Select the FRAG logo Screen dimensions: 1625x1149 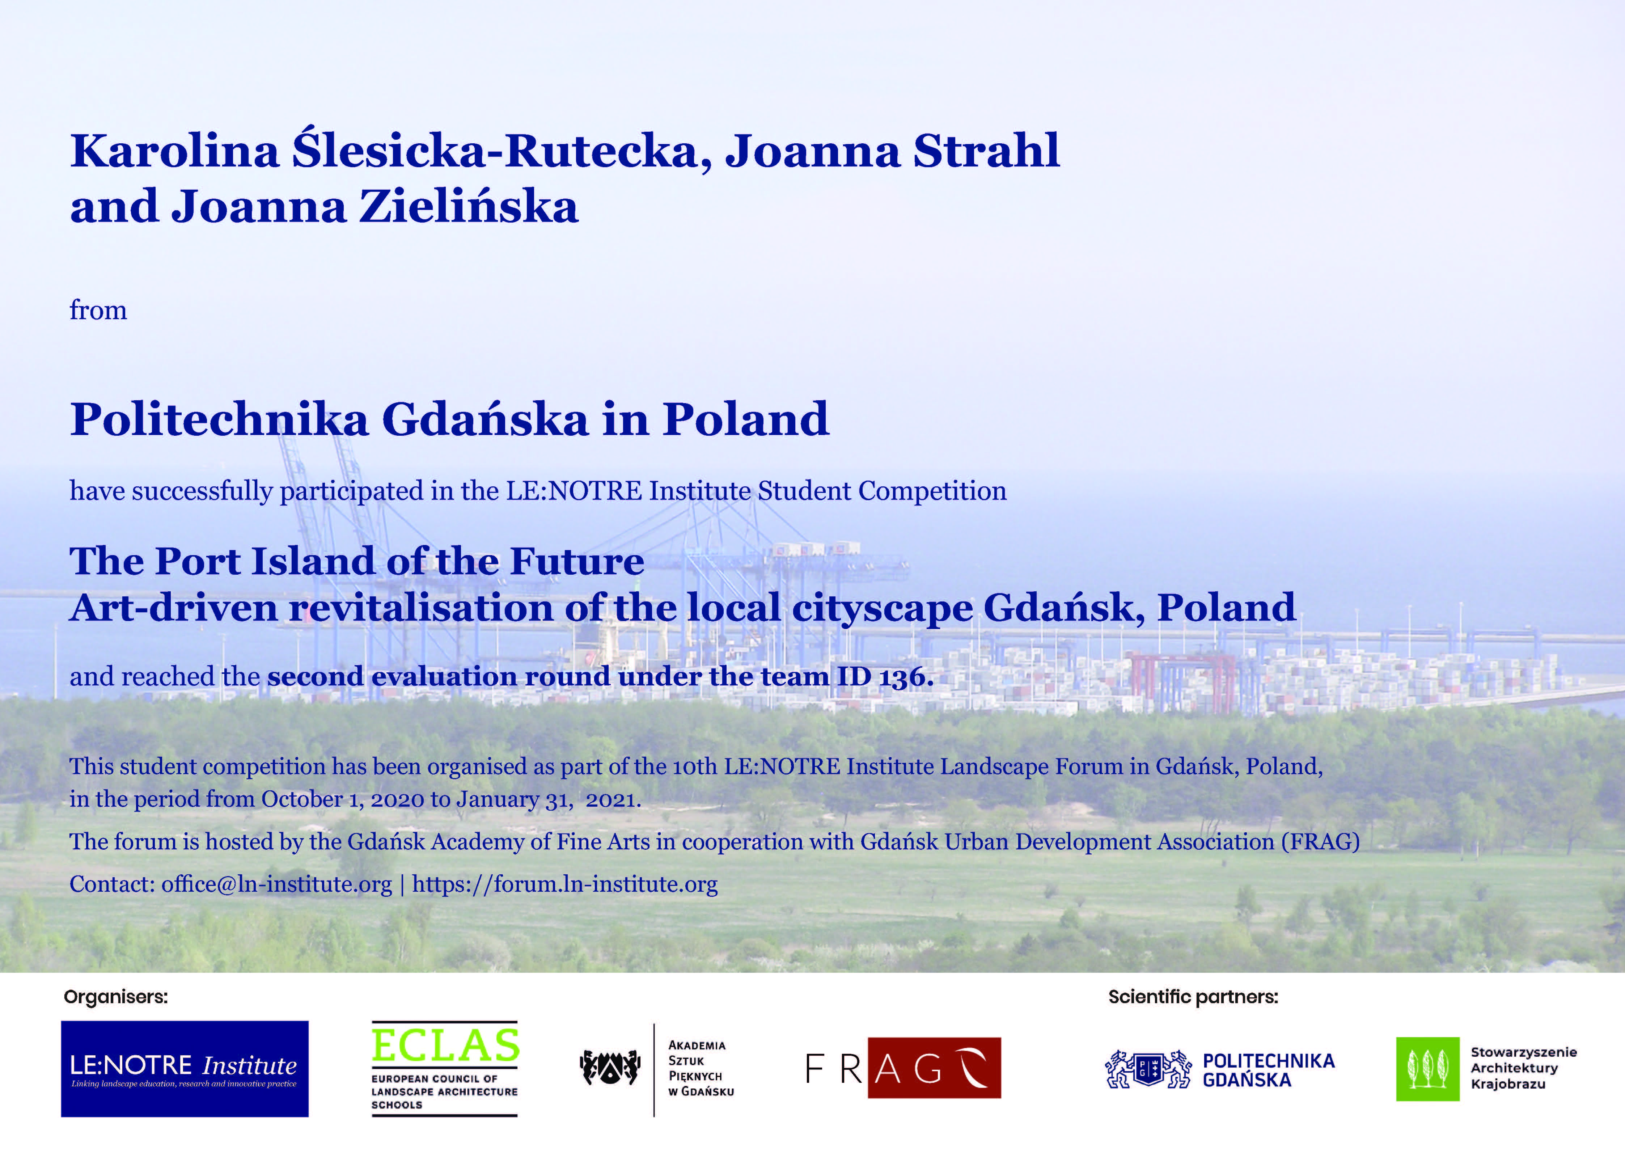(903, 1068)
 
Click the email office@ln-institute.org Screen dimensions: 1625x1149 (277, 884)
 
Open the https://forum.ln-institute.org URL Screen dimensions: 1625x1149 (565, 884)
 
